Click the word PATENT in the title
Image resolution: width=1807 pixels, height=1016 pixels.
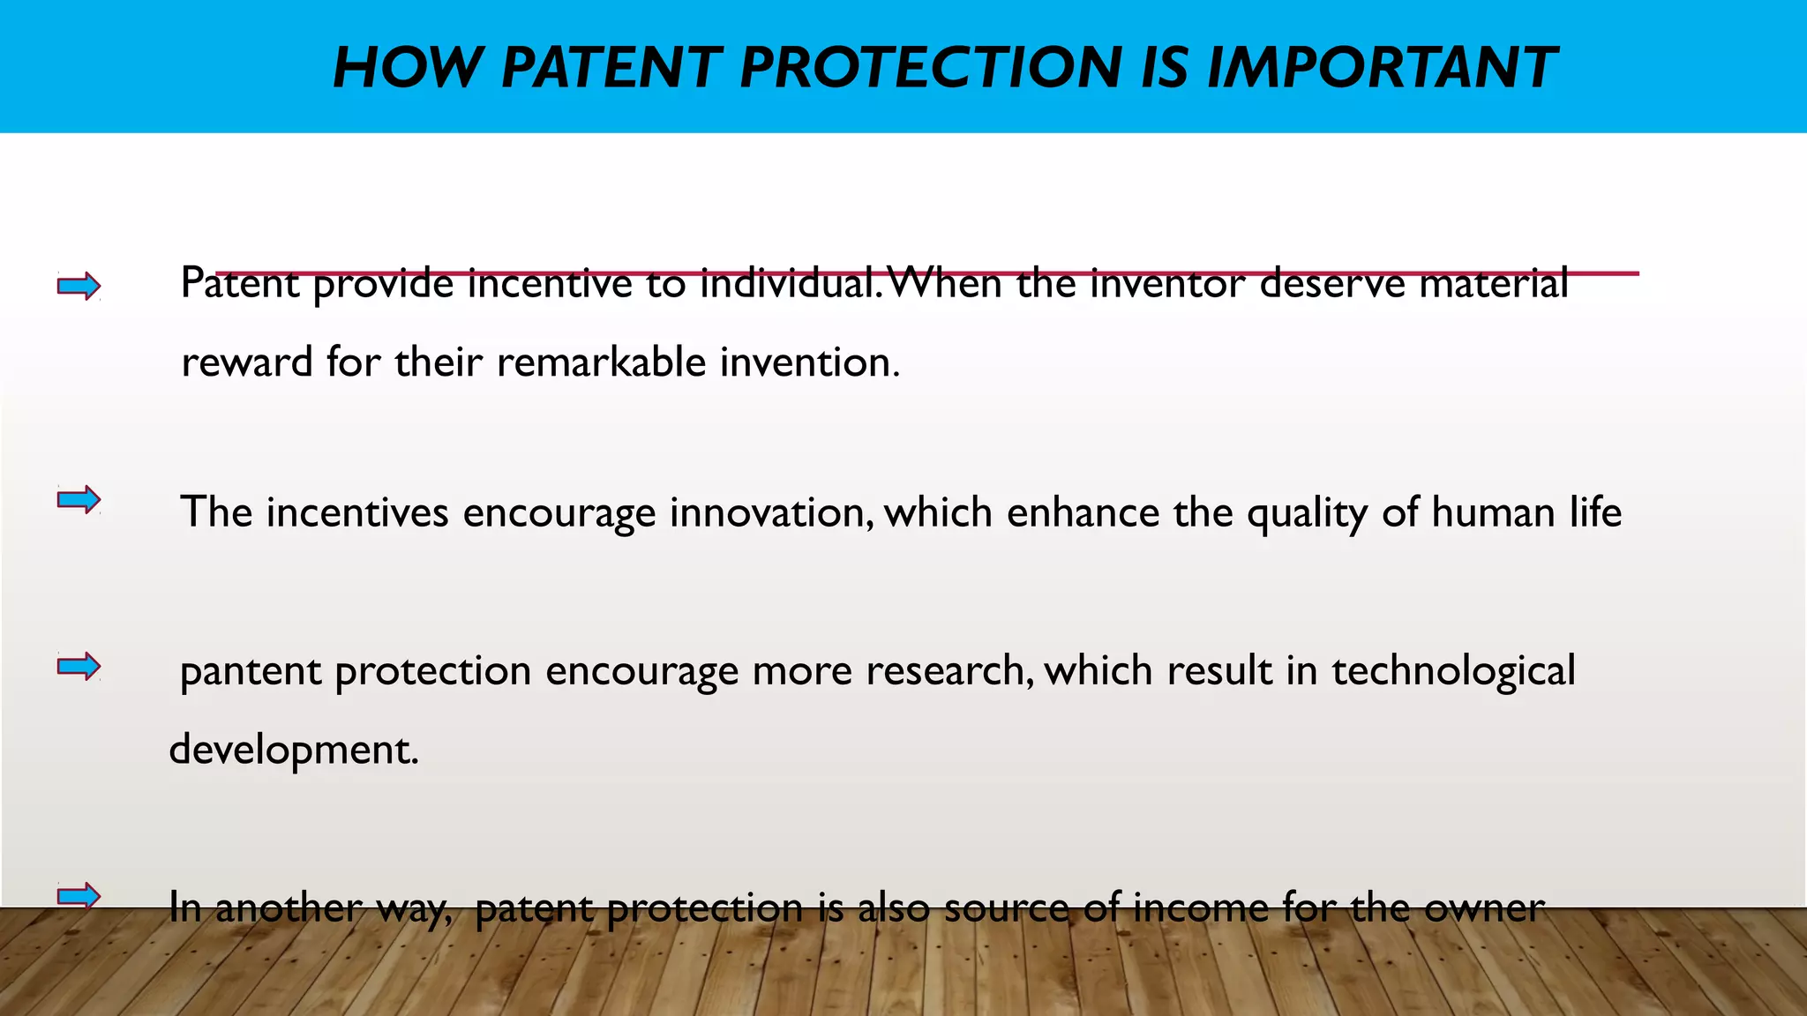(x=611, y=68)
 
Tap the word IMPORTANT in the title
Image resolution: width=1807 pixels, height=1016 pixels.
(x=1381, y=68)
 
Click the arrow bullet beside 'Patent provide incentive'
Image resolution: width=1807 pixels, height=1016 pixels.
(x=79, y=286)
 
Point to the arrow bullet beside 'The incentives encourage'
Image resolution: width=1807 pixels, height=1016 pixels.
(x=79, y=500)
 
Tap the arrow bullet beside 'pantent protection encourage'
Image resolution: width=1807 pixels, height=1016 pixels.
(x=79, y=666)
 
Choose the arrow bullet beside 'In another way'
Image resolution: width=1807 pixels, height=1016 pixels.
(x=79, y=896)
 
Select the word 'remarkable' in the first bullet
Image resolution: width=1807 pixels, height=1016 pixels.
(x=602, y=362)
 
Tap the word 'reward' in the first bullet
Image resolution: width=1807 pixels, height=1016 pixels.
(x=246, y=362)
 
